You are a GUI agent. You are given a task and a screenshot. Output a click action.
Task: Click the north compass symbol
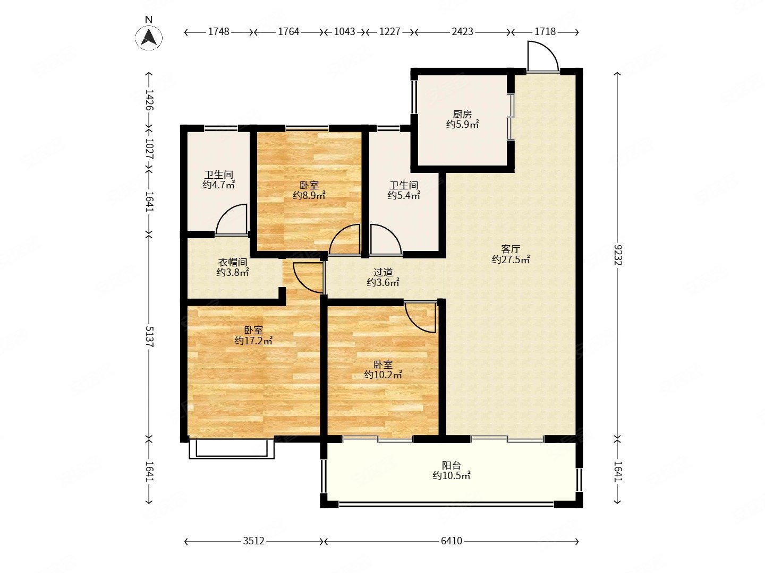point(149,37)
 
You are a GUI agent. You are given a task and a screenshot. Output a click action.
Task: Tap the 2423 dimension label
point(462,32)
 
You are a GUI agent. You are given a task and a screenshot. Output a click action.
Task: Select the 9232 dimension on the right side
point(617,255)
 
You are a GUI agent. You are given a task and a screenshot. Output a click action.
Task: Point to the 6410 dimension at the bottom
point(452,541)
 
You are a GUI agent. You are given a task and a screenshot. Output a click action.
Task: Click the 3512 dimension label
point(253,541)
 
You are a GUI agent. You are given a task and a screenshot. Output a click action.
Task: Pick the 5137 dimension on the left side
point(149,336)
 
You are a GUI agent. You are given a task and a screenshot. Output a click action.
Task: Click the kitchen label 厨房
point(462,114)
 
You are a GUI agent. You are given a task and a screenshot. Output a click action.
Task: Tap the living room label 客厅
point(511,249)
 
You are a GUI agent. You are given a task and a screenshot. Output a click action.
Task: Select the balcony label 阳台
point(452,465)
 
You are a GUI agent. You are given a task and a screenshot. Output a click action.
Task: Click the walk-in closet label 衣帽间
point(233,262)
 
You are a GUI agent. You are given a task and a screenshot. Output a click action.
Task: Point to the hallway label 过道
point(382,272)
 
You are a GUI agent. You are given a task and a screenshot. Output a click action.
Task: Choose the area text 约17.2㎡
point(253,341)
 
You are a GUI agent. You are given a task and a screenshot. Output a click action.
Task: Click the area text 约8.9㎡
point(309,196)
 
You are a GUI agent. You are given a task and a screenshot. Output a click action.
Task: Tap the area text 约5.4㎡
point(404,196)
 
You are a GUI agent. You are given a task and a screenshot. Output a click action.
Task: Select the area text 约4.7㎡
point(218,185)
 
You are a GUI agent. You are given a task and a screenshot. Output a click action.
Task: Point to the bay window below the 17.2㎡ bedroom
point(232,449)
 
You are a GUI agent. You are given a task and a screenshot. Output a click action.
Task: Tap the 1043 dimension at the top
point(344,32)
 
